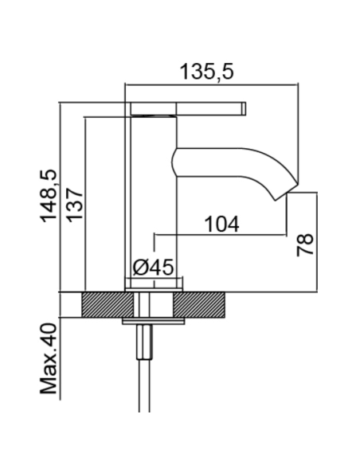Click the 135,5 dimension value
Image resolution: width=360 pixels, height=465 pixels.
point(207,72)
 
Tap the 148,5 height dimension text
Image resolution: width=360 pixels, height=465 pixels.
point(49,196)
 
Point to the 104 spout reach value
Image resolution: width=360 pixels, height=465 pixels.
point(221,225)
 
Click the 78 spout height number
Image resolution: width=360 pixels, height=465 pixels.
point(305,244)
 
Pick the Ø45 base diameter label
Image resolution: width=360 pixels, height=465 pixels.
point(153,268)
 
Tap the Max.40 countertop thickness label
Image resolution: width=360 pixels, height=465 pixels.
point(49,358)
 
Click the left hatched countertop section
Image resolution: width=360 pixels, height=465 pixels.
point(108,305)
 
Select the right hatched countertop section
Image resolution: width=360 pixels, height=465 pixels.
point(198,305)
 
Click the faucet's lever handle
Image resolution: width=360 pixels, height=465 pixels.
point(188,108)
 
